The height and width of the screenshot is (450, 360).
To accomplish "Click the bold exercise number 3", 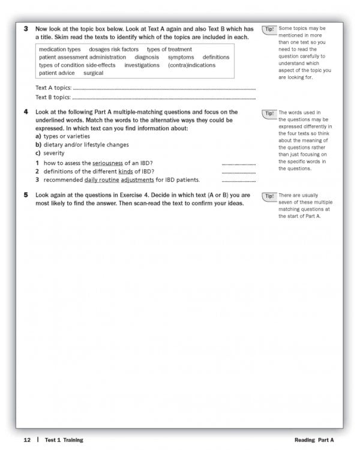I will (26, 29).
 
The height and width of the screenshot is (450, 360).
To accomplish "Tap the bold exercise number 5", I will (26, 195).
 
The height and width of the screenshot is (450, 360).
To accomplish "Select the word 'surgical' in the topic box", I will (93, 73).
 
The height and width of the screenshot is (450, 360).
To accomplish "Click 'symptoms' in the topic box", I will (181, 57).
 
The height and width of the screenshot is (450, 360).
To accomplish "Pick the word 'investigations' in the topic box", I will (142, 65).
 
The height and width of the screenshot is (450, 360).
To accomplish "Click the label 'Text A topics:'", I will (53, 88).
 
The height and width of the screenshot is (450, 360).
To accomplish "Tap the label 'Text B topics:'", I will (53, 97).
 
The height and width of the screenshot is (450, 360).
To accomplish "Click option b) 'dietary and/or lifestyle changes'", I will (82, 145).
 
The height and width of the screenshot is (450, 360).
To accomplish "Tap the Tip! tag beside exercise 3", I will (269, 29).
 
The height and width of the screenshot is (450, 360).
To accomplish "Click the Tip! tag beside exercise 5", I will (269, 196).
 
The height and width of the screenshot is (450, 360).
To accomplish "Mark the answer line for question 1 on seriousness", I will (238, 164).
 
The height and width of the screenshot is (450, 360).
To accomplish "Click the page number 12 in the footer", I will (27, 440).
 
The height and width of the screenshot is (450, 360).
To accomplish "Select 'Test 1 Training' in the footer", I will (63, 440).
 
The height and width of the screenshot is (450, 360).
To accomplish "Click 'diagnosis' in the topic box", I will (147, 57).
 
